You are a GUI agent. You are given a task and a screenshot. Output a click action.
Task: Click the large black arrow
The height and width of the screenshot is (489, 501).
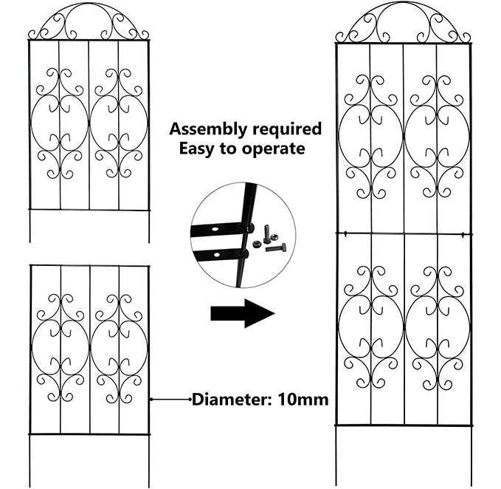click(x=242, y=313)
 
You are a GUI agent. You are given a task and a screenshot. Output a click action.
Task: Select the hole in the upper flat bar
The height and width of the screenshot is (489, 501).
click(x=214, y=230)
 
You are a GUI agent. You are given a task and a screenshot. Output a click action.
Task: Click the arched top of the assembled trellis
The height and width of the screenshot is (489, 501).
click(x=403, y=21)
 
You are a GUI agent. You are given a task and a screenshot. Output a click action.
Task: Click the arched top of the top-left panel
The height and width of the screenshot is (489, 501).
click(x=88, y=20)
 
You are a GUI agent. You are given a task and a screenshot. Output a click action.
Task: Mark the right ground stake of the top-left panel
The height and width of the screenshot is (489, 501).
click(x=148, y=227)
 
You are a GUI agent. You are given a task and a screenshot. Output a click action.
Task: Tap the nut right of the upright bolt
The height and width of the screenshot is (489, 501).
click(x=277, y=237)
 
